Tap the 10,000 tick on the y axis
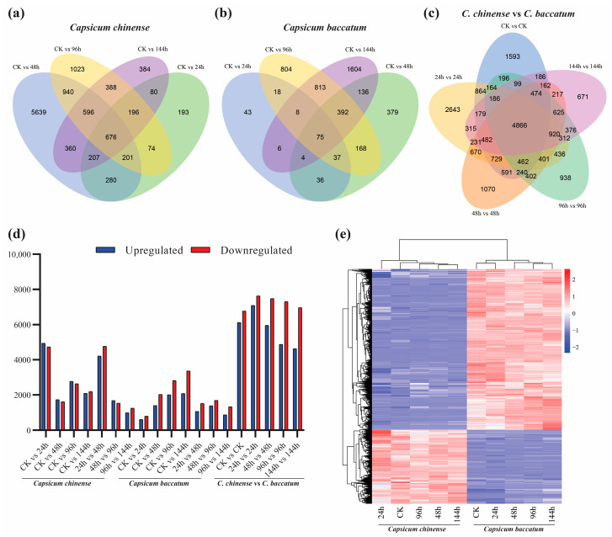(x=19, y=255)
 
